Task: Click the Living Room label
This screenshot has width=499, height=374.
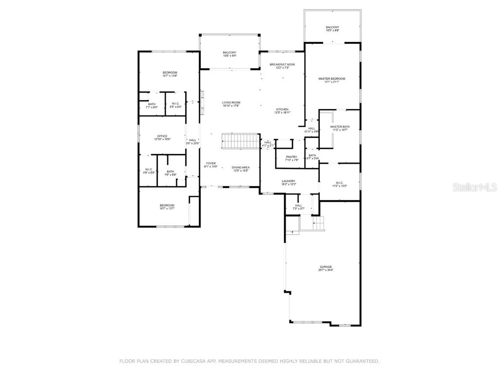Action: click(231, 102)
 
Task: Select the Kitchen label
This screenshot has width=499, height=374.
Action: click(283, 109)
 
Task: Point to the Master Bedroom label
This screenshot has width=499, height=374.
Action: click(331, 78)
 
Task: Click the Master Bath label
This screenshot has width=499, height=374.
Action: click(340, 127)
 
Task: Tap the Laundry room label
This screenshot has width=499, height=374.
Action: click(289, 181)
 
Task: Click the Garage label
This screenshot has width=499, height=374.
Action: click(326, 266)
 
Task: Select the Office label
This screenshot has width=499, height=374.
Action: click(162, 136)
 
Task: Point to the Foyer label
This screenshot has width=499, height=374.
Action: click(211, 164)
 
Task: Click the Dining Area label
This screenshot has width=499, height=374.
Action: click(240, 168)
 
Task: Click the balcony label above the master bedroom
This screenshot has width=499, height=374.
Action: click(332, 27)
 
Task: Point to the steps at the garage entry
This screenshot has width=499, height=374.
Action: click(312, 223)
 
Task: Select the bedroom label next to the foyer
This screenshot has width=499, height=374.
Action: click(167, 206)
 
